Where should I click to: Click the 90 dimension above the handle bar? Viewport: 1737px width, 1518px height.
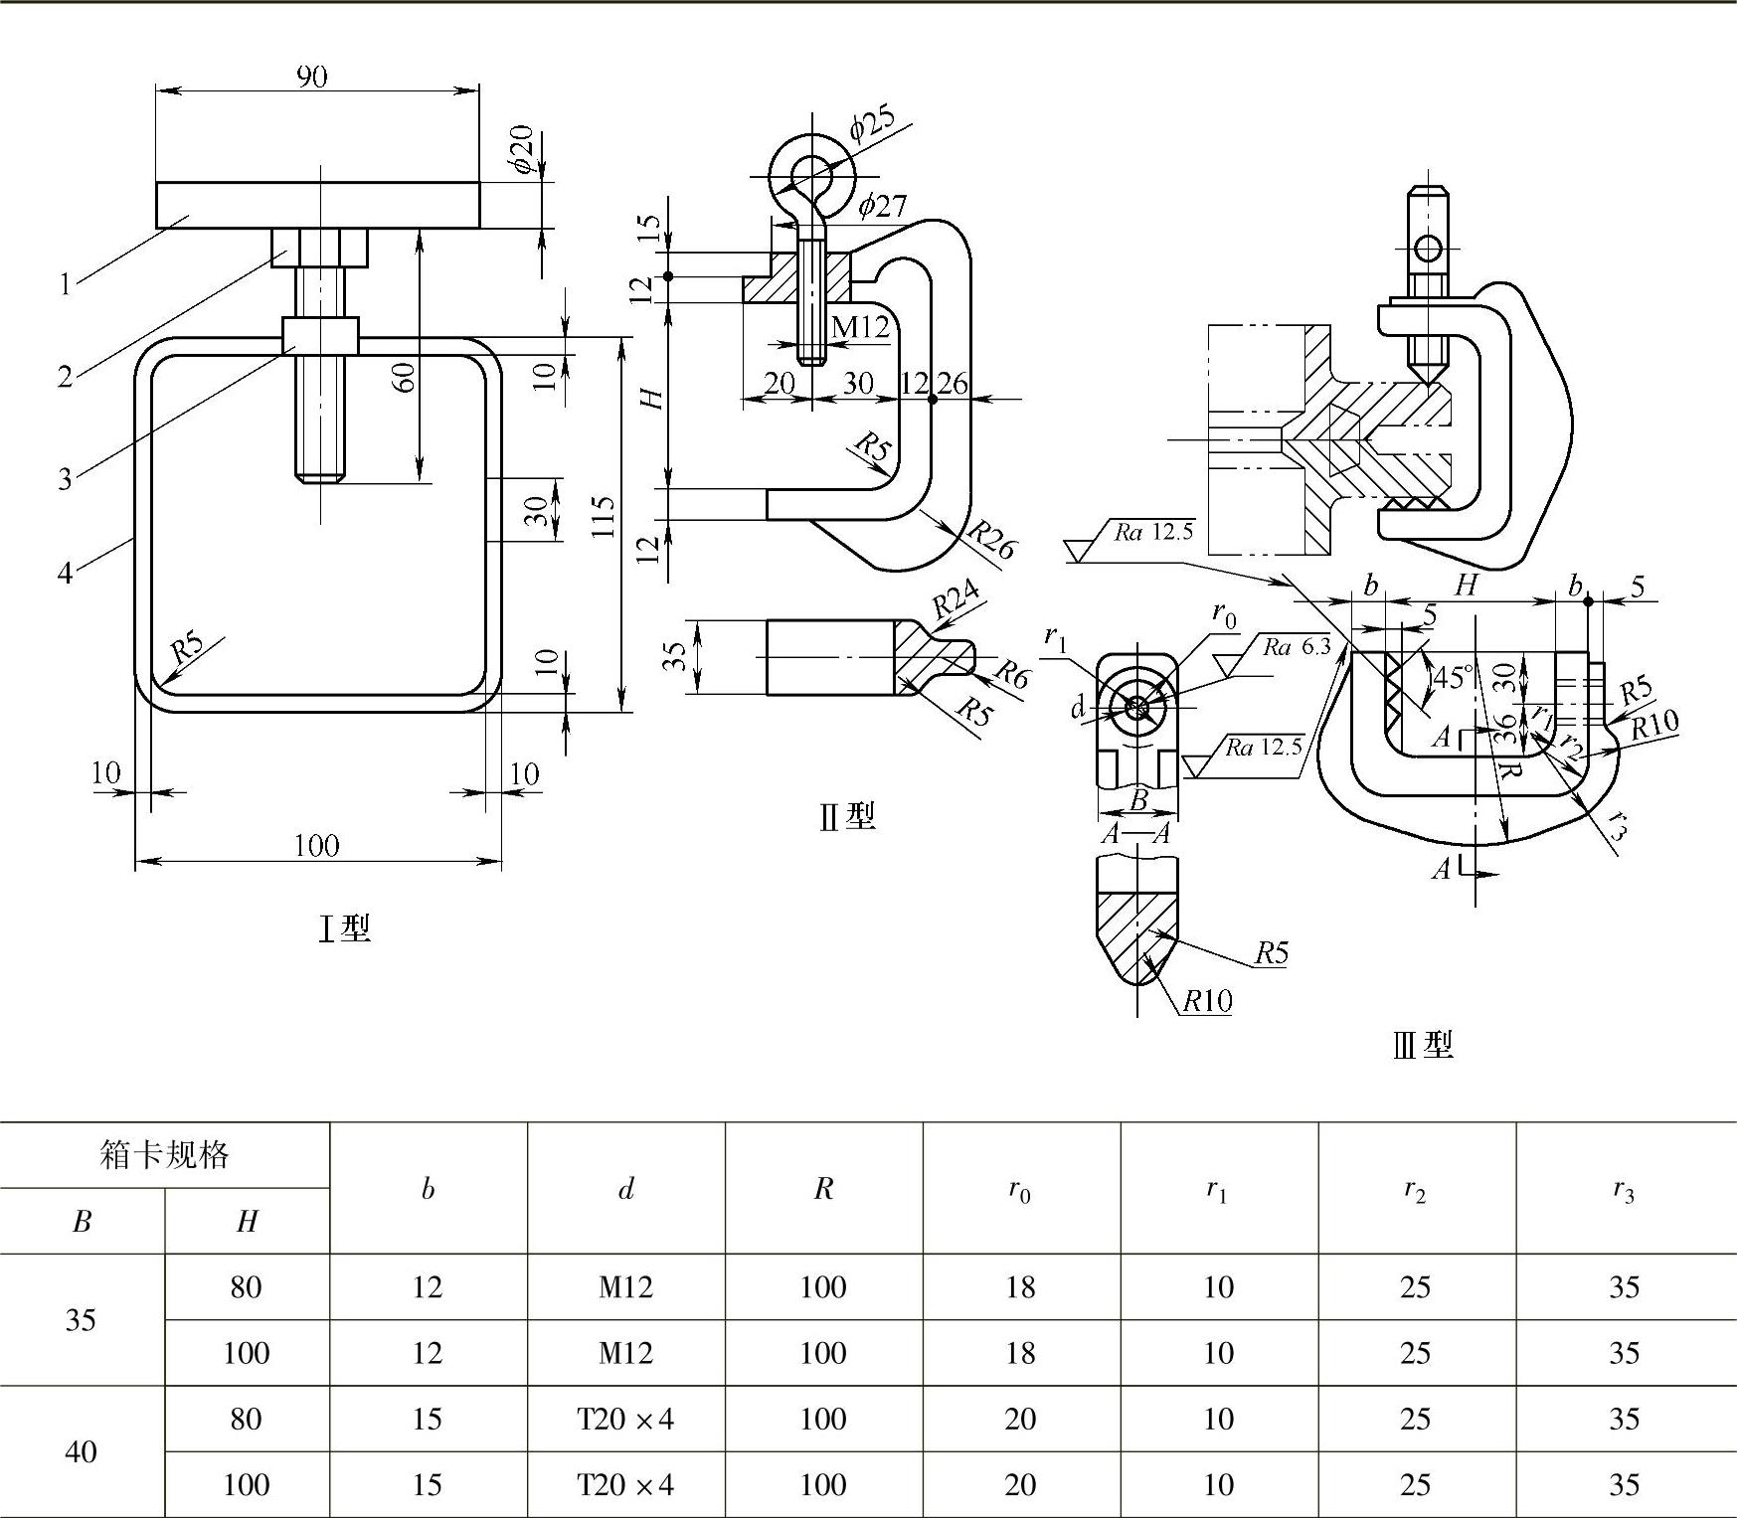click(311, 77)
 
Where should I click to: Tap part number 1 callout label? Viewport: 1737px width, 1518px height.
click(65, 285)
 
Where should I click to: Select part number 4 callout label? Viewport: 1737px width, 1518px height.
click(65, 574)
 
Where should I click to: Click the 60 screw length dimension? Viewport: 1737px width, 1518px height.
click(404, 377)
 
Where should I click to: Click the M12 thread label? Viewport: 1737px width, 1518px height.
click(860, 326)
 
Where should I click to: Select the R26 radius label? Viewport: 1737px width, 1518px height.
click(991, 540)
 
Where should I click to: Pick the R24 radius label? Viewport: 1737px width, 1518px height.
click(955, 600)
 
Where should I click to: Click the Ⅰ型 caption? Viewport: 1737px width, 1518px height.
click(344, 928)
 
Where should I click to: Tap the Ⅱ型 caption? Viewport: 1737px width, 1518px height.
click(847, 816)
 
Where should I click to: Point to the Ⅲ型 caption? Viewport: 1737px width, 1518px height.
click(1423, 1045)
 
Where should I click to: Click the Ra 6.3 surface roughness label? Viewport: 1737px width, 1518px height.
click(1297, 647)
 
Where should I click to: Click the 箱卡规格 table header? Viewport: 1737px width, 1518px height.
click(165, 1155)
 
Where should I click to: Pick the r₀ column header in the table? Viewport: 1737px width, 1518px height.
click(1020, 1189)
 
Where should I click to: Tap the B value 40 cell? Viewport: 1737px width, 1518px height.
click(81, 1452)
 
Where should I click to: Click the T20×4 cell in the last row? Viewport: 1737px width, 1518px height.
click(625, 1484)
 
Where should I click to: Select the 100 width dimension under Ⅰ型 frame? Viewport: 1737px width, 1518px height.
click(317, 846)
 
